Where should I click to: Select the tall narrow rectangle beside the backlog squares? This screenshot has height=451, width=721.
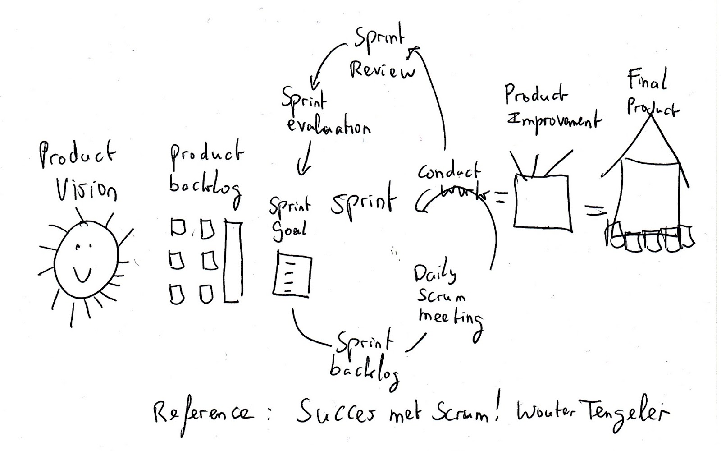(233, 262)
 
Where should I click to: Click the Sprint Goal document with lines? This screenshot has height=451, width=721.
(292, 275)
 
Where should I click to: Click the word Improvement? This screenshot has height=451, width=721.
(554, 120)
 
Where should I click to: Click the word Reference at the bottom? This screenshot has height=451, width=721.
(203, 414)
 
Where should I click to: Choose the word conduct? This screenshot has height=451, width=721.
(449, 172)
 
